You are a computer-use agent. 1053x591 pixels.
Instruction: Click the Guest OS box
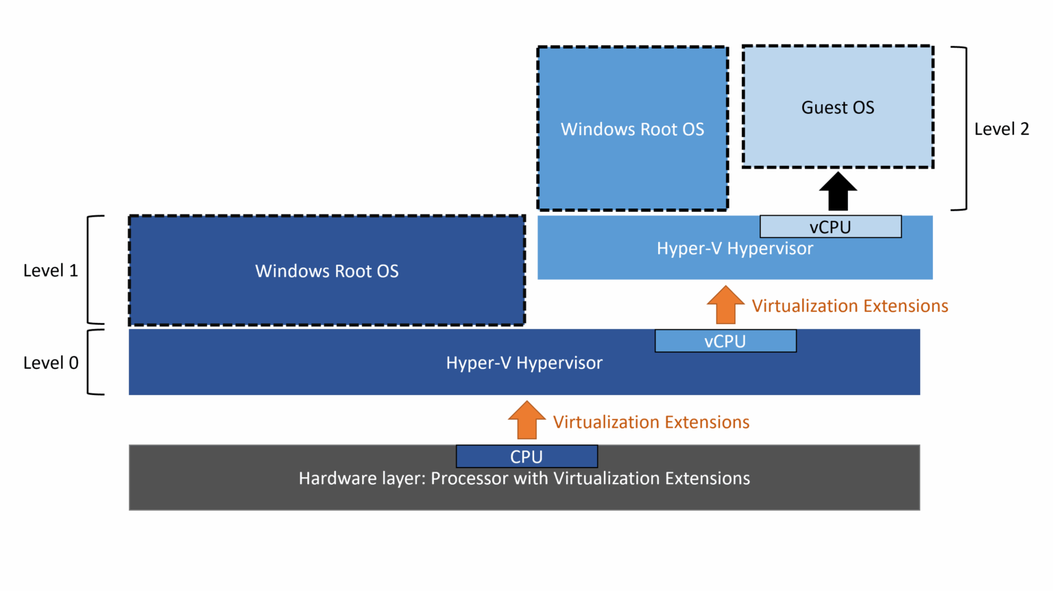pos(838,107)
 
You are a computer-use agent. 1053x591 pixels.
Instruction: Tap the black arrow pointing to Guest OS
pos(838,191)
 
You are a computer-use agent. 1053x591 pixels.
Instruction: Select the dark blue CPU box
pos(526,457)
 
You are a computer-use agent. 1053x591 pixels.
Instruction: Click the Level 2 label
pos(1002,129)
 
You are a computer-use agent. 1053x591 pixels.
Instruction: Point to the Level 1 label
pos(51,271)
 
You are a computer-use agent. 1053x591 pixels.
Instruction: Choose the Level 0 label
pos(51,363)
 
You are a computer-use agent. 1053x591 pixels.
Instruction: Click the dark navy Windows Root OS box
pos(327,271)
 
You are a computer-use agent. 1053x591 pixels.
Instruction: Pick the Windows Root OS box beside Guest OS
pos(632,129)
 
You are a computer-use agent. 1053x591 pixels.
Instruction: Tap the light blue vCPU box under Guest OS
pos(830,227)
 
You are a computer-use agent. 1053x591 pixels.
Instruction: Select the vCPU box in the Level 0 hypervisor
pos(725,341)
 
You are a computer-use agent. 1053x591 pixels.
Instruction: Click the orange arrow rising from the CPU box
pos(526,420)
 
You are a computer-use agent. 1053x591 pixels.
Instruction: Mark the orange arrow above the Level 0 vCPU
pos(725,305)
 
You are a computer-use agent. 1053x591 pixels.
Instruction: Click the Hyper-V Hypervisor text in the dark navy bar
pos(524,363)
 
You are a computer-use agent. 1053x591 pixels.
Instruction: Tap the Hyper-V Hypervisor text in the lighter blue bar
pos(735,249)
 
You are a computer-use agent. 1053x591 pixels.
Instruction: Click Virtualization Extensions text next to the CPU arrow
pos(651,422)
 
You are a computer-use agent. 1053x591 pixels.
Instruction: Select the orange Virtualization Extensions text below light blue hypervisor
pos(850,306)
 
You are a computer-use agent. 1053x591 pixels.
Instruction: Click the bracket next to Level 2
pos(961,129)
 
